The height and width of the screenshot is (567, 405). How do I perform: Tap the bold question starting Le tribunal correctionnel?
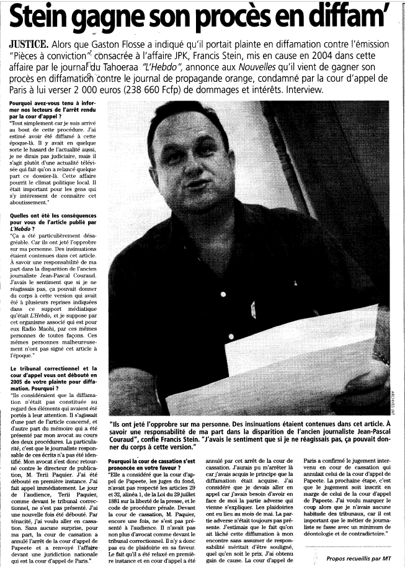click(54, 377)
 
